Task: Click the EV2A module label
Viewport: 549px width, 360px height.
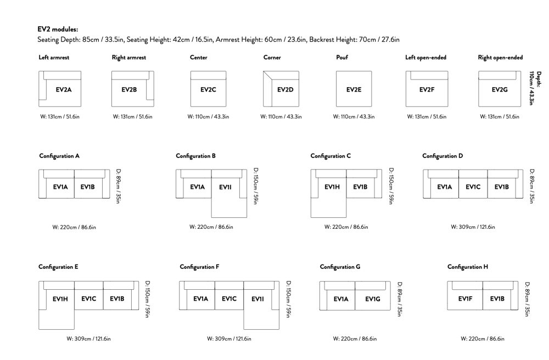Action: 63,89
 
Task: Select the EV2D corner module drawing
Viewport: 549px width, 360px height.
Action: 281,89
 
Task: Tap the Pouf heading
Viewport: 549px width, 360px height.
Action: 342,58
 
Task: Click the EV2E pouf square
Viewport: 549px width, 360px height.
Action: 354,89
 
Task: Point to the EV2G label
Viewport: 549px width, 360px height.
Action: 500,89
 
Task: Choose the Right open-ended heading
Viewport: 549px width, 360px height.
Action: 500,58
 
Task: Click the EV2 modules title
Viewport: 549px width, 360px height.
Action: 58,30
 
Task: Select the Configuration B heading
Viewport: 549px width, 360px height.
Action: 196,156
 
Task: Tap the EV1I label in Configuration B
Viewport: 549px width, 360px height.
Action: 225,187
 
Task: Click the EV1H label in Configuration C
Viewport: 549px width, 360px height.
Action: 332,187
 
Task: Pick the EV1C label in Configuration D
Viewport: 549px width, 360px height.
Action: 473,187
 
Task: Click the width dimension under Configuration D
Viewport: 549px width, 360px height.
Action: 473,227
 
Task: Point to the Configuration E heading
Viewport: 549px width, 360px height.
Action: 59,267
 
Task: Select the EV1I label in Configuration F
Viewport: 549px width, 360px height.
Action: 257,299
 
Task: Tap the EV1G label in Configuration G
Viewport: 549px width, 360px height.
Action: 373,299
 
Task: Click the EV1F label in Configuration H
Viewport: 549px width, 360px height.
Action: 466,299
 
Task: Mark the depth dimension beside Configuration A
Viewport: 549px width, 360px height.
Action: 119,187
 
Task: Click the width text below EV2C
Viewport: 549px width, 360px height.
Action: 208,117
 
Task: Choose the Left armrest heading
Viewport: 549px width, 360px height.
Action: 54,58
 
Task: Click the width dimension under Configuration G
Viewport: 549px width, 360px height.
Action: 355,339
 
